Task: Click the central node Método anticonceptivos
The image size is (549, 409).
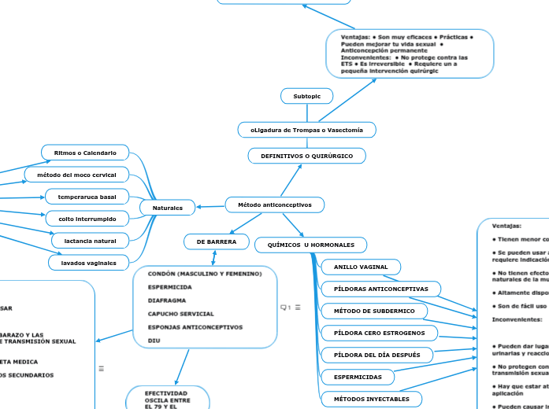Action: [274, 205]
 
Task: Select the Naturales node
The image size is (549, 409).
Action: [167, 208]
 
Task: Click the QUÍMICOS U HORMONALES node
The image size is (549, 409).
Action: [310, 245]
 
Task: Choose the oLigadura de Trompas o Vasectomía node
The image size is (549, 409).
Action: [306, 129]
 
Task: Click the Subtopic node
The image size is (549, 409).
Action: [306, 96]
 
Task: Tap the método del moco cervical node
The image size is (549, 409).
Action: [82, 174]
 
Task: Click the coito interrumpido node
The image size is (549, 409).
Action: [87, 218]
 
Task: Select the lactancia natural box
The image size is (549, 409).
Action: [90, 241]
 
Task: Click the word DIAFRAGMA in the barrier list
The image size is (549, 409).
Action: [167, 300]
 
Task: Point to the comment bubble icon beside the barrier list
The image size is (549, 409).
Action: [284, 307]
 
